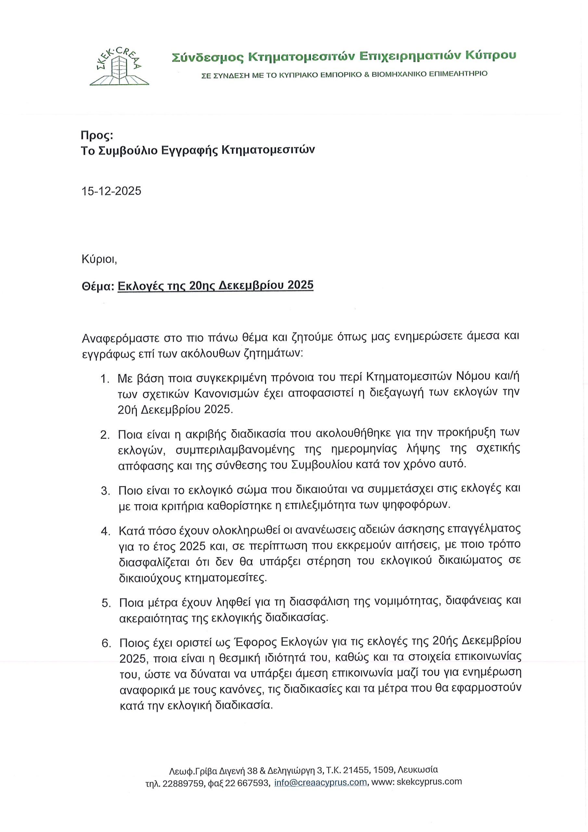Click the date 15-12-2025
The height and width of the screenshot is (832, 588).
click(111, 191)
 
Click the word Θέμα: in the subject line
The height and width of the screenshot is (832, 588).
click(98, 286)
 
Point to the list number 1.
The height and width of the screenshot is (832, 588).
click(105, 379)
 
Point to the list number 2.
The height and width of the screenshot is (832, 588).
click(105, 435)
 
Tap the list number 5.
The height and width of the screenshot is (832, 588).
click(106, 603)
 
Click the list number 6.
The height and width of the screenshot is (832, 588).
click(106, 643)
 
